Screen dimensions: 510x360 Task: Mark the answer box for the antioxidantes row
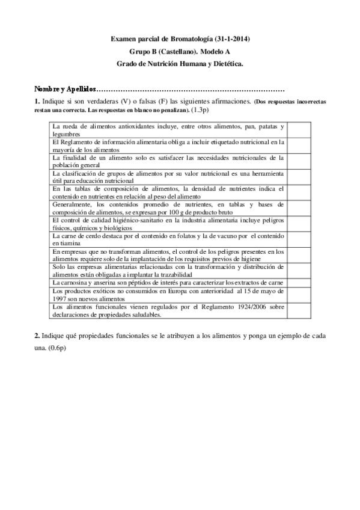click(x=299, y=131)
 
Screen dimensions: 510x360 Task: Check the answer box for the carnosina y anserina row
click(x=299, y=282)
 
